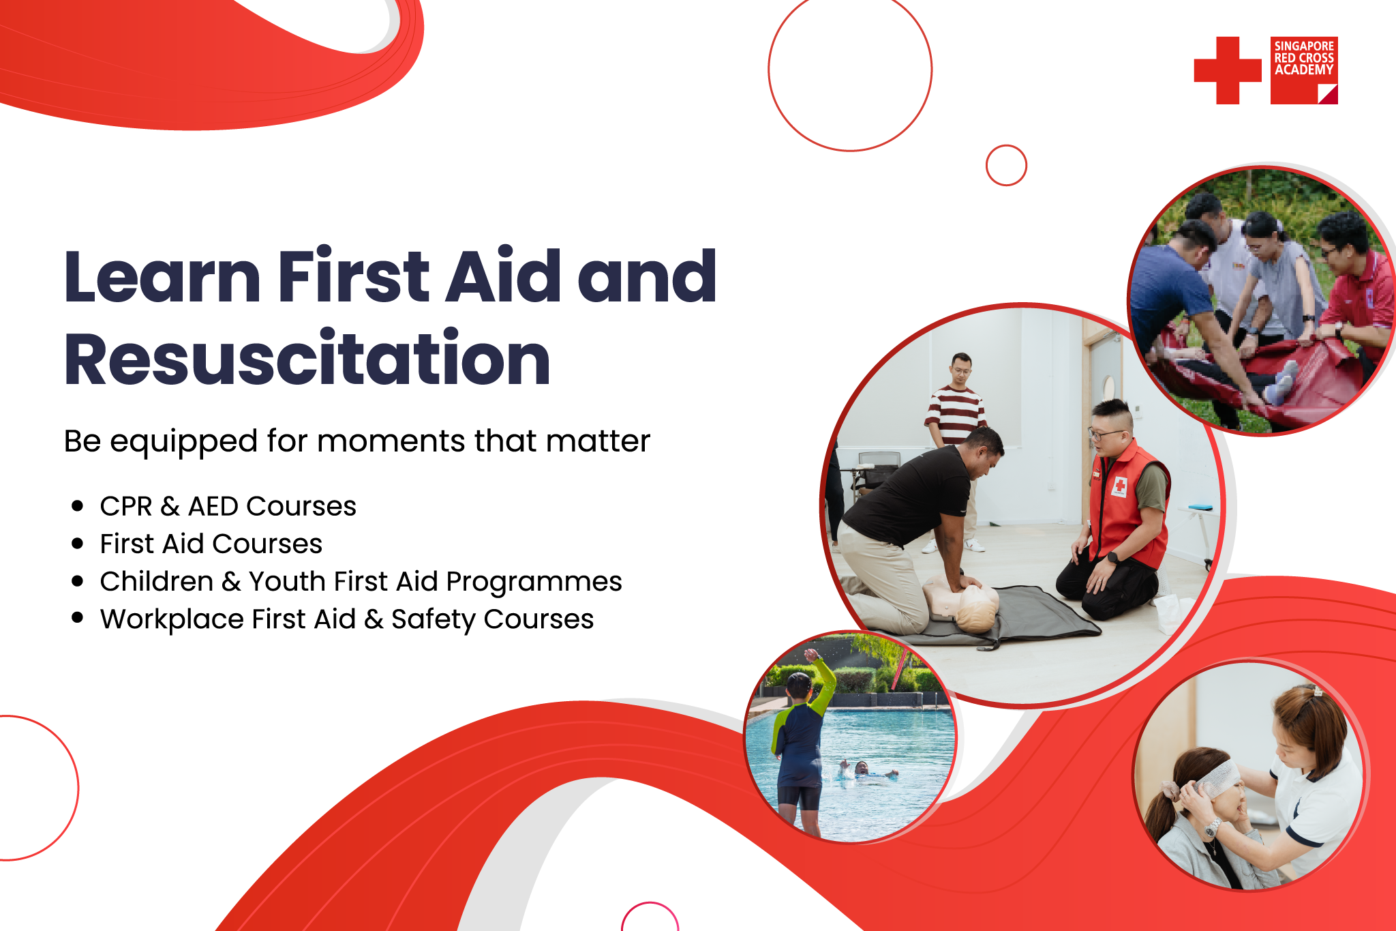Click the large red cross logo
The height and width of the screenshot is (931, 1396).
click(x=1228, y=70)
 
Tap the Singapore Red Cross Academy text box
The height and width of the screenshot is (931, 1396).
click(x=1304, y=70)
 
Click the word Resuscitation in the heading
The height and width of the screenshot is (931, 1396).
click(x=307, y=359)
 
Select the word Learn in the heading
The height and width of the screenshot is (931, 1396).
click(x=162, y=276)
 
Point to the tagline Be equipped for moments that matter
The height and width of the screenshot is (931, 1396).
click(x=357, y=441)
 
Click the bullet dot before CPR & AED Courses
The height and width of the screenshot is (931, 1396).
click(x=77, y=506)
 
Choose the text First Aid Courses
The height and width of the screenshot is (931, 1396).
click(x=211, y=544)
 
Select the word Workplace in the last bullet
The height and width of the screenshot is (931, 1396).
click(x=172, y=619)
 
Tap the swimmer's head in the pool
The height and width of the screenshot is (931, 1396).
click(x=861, y=768)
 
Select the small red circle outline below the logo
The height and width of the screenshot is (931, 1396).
click(x=1006, y=165)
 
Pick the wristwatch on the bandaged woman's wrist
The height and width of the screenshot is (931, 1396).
click(x=1211, y=829)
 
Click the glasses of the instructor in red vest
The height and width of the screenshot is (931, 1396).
click(x=1104, y=434)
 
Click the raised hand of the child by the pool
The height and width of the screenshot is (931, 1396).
click(x=811, y=655)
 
